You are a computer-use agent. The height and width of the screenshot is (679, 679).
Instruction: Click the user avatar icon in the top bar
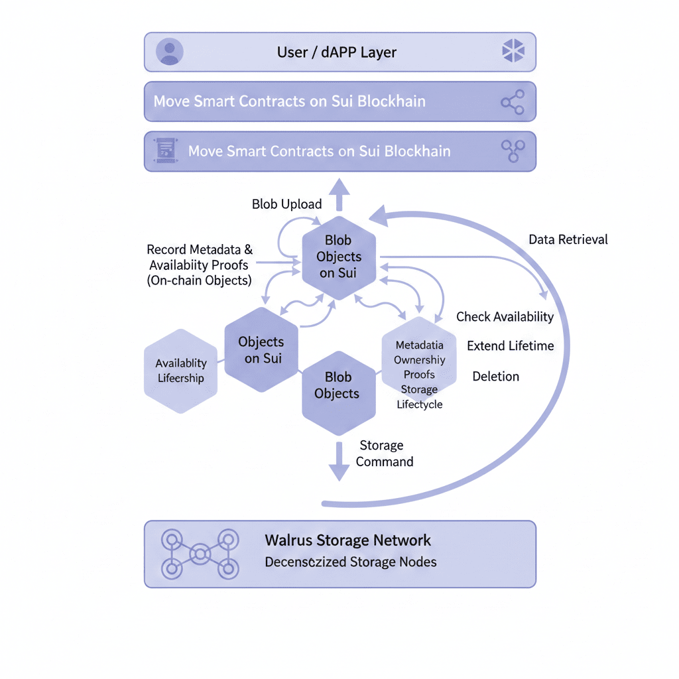point(169,52)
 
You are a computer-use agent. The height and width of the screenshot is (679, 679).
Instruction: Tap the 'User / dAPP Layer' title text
point(336,52)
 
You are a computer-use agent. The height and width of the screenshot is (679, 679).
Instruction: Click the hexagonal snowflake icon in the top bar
point(513,50)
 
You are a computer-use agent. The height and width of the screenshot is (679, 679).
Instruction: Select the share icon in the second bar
point(513,102)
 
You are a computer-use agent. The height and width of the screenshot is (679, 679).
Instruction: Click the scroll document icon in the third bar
point(165,151)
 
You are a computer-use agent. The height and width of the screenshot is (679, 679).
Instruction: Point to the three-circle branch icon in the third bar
point(513,151)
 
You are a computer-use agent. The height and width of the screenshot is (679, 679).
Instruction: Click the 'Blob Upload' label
point(286,204)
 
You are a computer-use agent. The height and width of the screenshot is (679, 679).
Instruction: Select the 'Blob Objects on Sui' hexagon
point(339,258)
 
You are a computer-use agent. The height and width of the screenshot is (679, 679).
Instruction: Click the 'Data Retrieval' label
point(568,239)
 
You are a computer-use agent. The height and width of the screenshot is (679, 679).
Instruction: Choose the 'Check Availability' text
point(505,316)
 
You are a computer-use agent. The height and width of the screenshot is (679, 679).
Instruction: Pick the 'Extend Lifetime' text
point(511,345)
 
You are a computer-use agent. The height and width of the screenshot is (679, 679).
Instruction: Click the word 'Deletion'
point(496,377)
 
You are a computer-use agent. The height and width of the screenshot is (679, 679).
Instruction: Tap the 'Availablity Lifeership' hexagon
point(180,371)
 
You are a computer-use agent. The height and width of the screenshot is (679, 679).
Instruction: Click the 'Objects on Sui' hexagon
point(261,349)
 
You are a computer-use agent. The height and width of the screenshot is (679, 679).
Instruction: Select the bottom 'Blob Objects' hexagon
point(339,393)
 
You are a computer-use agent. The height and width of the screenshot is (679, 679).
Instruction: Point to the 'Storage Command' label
point(385,454)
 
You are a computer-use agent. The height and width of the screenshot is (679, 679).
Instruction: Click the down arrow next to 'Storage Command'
point(339,462)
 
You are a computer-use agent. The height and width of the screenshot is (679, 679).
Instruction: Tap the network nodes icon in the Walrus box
point(200,554)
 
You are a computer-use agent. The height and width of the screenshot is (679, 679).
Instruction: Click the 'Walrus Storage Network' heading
point(347,540)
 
